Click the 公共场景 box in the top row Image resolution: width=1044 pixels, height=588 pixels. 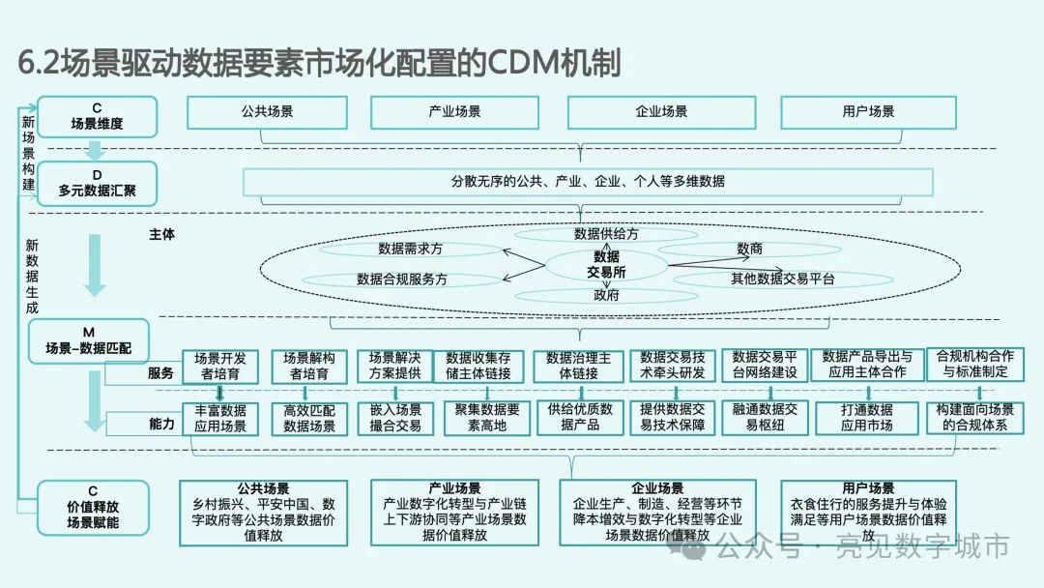[267, 112]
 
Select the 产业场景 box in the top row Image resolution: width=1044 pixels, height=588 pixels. [454, 112]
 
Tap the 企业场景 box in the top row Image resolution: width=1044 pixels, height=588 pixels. [661, 112]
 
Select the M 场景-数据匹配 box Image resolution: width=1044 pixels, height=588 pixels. [95, 340]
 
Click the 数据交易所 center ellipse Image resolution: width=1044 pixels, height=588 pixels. [606, 265]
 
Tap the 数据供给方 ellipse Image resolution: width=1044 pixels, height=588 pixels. [606, 234]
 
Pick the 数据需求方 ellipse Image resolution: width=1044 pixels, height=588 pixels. [410, 249]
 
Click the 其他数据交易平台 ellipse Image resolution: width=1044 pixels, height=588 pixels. [782, 279]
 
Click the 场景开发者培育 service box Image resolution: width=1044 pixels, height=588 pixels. [220, 366]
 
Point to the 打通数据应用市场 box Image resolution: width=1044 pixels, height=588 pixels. [866, 418]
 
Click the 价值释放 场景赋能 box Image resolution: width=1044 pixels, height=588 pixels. [94, 508]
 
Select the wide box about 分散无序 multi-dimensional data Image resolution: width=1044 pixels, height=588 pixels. [588, 182]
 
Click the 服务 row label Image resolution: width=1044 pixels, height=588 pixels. [160, 372]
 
